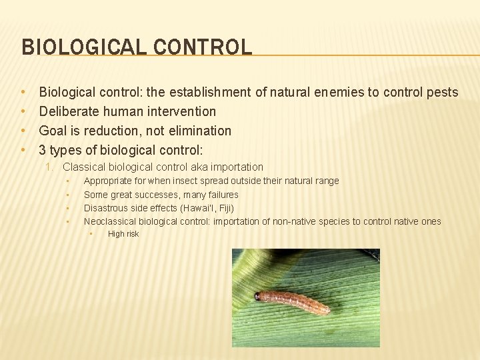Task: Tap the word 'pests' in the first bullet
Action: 441,93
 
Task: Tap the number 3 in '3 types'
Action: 43,150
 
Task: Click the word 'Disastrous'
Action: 106,208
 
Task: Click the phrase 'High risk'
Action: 123,234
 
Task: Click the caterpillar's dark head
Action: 258,296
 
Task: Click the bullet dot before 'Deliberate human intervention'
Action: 23,111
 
